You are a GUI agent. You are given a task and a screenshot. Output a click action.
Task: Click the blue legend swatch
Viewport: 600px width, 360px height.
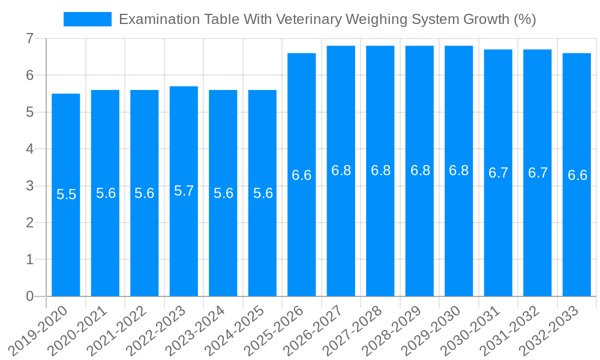coord(88,19)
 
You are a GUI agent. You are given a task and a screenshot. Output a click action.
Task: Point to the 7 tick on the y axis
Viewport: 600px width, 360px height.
coord(29,38)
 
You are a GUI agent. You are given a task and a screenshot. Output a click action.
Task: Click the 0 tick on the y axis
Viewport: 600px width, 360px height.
coord(29,296)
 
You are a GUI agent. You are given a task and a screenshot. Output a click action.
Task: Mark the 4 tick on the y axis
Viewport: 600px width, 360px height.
coord(29,149)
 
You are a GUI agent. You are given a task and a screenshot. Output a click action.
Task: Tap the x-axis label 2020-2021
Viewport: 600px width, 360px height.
coord(79,330)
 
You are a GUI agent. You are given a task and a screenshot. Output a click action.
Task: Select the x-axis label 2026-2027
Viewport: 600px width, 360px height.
coord(314,330)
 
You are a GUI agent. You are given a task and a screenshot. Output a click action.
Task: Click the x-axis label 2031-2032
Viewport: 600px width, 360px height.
coord(511,330)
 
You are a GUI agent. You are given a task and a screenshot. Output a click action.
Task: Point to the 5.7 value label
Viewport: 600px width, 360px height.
coord(184,191)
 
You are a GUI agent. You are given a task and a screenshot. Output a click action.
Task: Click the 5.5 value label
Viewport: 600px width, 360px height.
coord(66,194)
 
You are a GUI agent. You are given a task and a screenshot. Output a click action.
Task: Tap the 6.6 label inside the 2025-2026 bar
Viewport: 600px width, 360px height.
coord(302,175)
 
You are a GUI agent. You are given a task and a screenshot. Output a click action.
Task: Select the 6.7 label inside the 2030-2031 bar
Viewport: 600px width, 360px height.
coord(498,173)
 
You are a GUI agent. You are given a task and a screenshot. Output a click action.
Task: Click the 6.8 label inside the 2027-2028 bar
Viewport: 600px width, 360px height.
coord(380,170)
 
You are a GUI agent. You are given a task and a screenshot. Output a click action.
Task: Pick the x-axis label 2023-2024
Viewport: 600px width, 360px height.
coord(196,330)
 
